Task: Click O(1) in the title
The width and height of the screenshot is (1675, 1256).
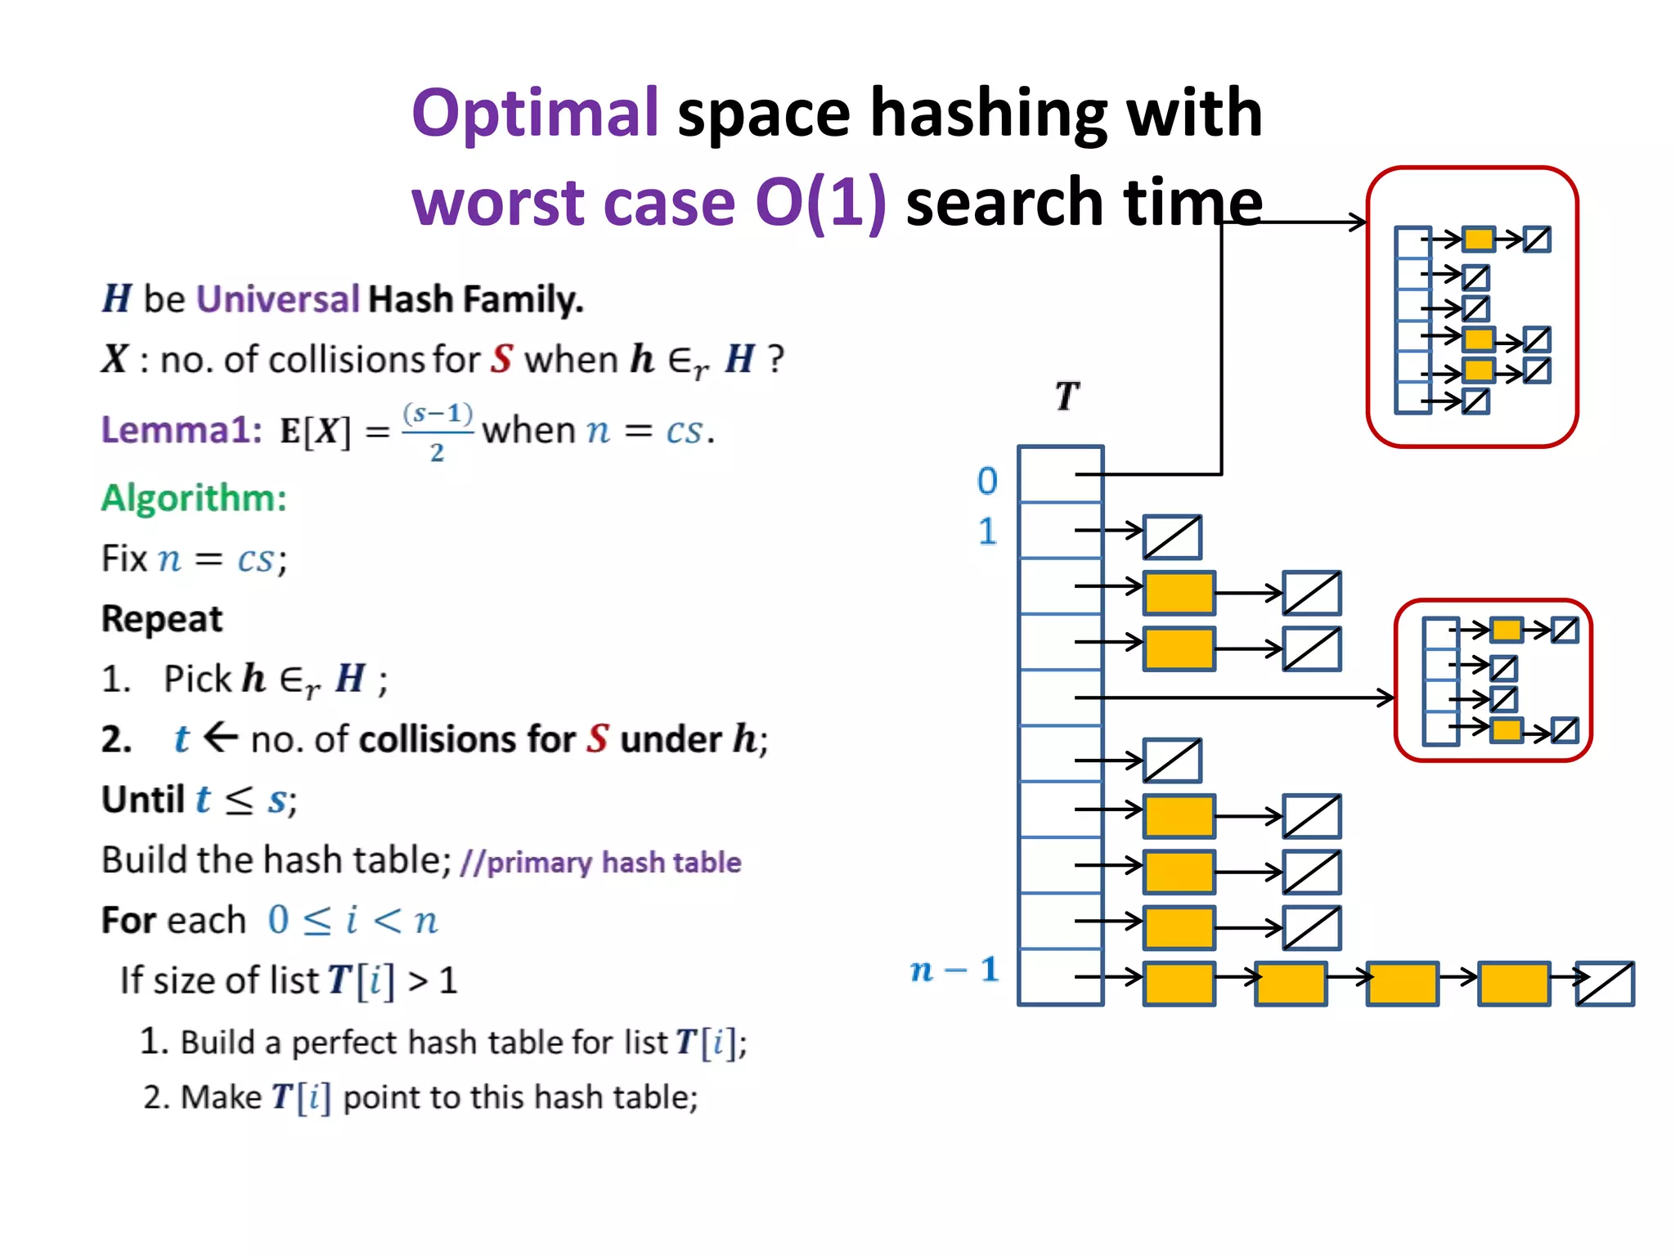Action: point(820,202)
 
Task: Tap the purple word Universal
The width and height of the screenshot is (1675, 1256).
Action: point(278,298)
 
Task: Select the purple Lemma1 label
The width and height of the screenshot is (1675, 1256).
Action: point(181,429)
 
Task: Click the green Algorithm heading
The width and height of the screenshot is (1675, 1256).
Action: point(194,497)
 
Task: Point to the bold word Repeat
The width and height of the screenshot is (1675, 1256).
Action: point(161,619)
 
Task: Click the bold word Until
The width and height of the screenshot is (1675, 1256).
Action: point(143,800)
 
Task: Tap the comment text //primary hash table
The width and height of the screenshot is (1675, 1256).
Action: point(600,862)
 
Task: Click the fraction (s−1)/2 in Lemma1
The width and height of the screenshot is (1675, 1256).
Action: point(438,432)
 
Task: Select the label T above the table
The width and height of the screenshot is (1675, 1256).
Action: point(1067,397)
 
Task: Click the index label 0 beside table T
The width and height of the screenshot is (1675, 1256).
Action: point(987,481)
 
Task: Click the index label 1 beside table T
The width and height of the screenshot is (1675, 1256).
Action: point(987,532)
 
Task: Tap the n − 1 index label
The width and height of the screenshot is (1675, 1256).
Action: point(954,970)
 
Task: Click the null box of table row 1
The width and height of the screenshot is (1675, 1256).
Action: point(1171,537)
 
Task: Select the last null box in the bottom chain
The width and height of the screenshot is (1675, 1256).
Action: point(1604,984)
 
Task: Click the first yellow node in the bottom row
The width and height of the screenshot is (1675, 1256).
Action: point(1179,984)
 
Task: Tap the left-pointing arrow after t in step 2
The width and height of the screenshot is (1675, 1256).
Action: point(220,738)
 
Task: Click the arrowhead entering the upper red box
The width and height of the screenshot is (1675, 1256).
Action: point(1358,222)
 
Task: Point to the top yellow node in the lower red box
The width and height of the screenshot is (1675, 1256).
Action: point(1506,630)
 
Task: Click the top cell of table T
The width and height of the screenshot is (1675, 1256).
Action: point(1060,474)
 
